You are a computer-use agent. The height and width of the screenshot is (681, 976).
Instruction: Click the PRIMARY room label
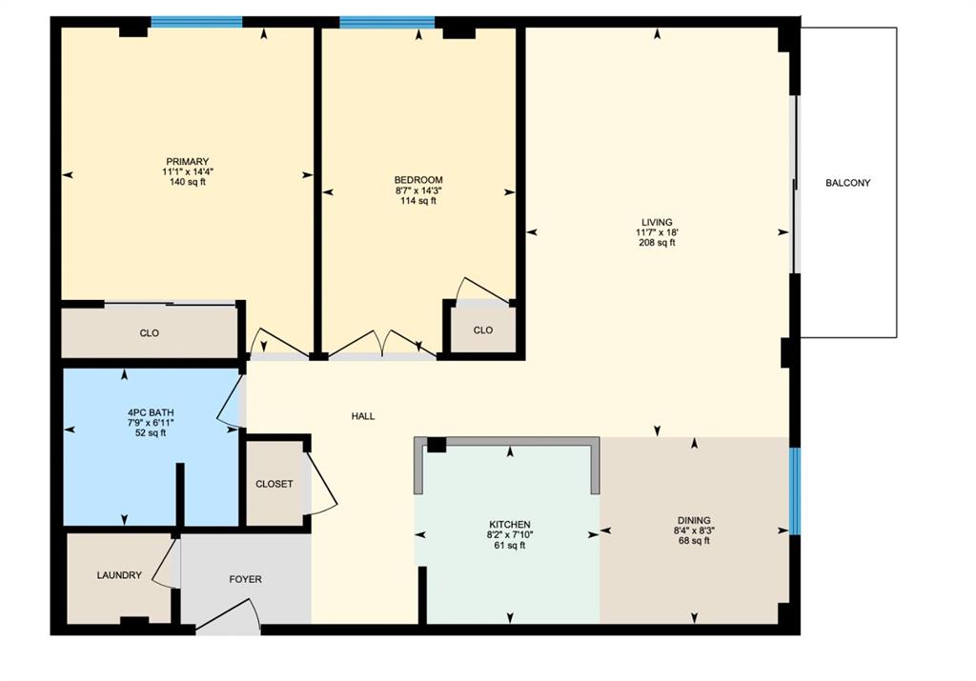187,162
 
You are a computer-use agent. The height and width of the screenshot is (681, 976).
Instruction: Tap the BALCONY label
847,183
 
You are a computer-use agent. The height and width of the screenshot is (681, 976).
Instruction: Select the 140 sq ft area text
188,182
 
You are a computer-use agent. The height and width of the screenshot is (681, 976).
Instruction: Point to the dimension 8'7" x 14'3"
418,190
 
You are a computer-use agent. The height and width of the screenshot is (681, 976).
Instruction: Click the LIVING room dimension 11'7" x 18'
657,232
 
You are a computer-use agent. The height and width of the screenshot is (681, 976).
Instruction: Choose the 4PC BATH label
151,412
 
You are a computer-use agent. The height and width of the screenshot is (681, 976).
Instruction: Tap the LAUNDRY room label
119,575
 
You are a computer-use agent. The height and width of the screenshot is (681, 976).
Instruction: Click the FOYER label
245,579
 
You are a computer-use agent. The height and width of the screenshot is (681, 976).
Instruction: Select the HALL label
363,416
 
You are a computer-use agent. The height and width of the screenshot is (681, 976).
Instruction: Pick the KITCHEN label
510,524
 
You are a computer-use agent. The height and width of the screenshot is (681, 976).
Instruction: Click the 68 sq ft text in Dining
694,541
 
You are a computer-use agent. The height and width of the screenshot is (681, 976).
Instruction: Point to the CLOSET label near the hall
274,484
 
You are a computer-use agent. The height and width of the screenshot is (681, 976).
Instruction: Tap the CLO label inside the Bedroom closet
483,330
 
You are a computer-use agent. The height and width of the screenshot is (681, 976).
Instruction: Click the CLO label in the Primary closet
150,332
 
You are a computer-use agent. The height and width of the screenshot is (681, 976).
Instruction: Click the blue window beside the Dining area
795,491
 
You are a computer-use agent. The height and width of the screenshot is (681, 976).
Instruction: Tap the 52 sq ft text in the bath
151,432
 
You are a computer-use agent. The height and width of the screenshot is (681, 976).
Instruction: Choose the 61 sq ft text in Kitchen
510,546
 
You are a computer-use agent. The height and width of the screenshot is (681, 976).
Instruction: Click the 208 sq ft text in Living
657,243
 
